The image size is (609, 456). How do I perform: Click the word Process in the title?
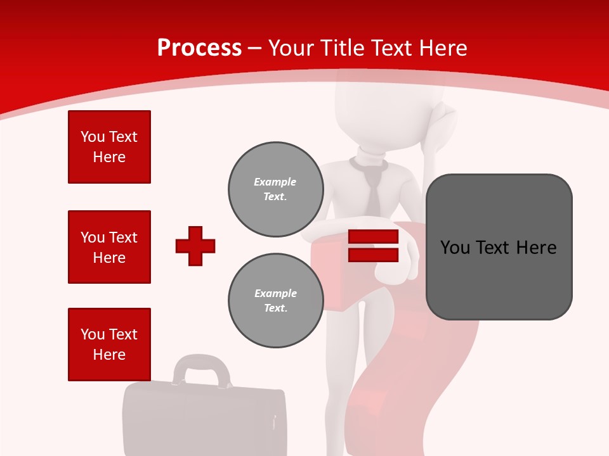pos(199,48)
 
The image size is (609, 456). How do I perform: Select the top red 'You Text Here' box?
pos(109,147)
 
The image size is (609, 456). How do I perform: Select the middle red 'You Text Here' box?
pos(109,247)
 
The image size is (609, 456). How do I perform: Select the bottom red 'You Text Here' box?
pos(109,345)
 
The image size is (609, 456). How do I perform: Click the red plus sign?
pos(195,246)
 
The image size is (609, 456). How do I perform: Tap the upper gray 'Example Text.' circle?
pos(275,189)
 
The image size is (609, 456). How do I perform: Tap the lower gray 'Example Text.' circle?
pos(275,301)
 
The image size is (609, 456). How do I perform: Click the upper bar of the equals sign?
pos(373,237)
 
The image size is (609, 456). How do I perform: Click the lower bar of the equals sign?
pos(373,255)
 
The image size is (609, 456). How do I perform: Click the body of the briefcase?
pos(203,421)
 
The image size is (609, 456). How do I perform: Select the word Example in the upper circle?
pos(275,182)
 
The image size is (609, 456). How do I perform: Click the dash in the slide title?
pos(255,48)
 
